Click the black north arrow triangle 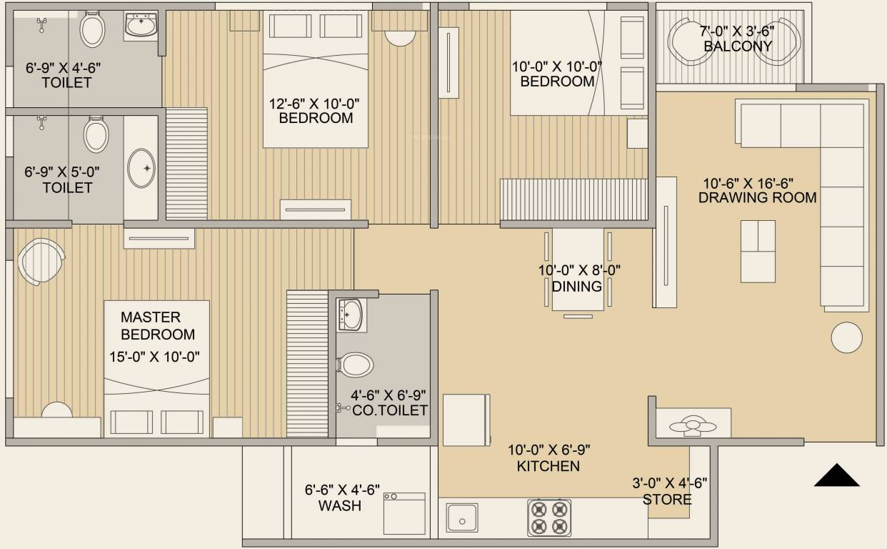pos(836,477)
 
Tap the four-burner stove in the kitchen pos(549,517)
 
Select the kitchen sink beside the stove pos(462,517)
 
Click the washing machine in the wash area pos(404,513)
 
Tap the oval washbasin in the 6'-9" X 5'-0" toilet pos(141,169)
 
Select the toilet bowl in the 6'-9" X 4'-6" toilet pos(92,30)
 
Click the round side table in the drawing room pos(847,337)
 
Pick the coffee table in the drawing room pos(758,251)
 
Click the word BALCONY pos(738,46)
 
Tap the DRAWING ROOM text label pos(757,198)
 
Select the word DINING pos(577,287)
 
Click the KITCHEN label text pos(548,466)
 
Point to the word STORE pos(667,499)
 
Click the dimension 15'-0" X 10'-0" pos(154,356)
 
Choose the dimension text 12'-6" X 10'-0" pos(314,104)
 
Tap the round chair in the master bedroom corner pos(41,261)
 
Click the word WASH pos(340,506)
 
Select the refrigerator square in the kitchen pos(466,419)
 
